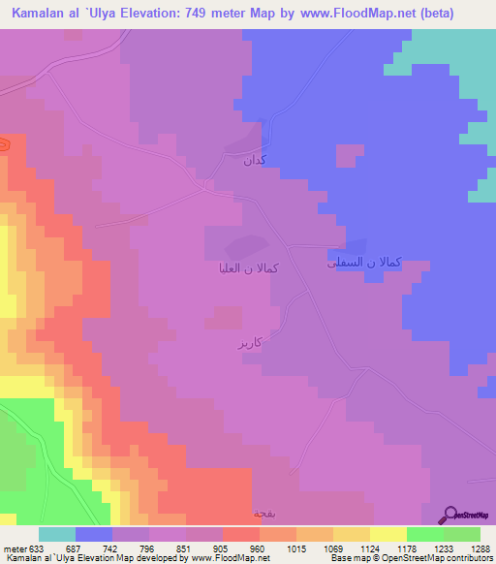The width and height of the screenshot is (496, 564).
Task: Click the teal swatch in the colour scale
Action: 57,534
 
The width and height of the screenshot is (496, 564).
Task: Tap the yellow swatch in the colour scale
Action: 388,534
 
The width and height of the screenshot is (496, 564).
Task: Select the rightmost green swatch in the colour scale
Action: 462,534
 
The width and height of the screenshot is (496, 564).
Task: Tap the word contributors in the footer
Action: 470,558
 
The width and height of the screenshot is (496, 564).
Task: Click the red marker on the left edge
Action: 3,145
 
